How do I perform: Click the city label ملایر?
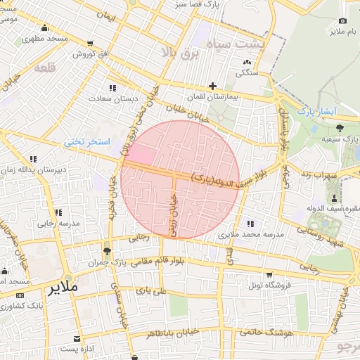62,288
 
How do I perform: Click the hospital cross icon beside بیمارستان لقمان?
212,85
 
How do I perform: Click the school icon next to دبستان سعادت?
112,88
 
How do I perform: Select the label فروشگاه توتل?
267,285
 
